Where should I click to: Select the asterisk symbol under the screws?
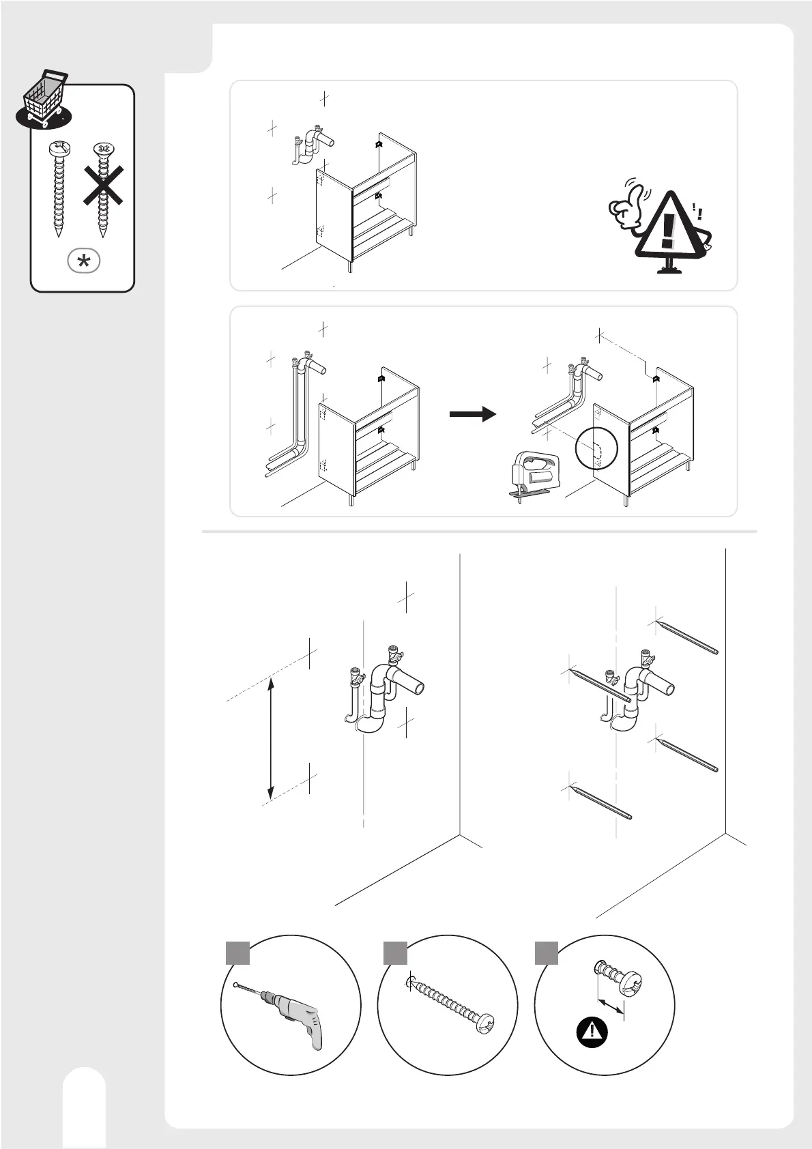pos(84,261)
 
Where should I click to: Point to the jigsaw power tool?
pos(536,476)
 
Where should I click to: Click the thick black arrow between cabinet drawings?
pos(472,413)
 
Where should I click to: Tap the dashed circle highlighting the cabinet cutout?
pos(596,449)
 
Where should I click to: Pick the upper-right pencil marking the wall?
pos(686,637)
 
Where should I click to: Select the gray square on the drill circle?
pos(237,953)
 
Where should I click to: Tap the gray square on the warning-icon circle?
pos(546,953)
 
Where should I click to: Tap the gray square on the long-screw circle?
pos(395,953)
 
